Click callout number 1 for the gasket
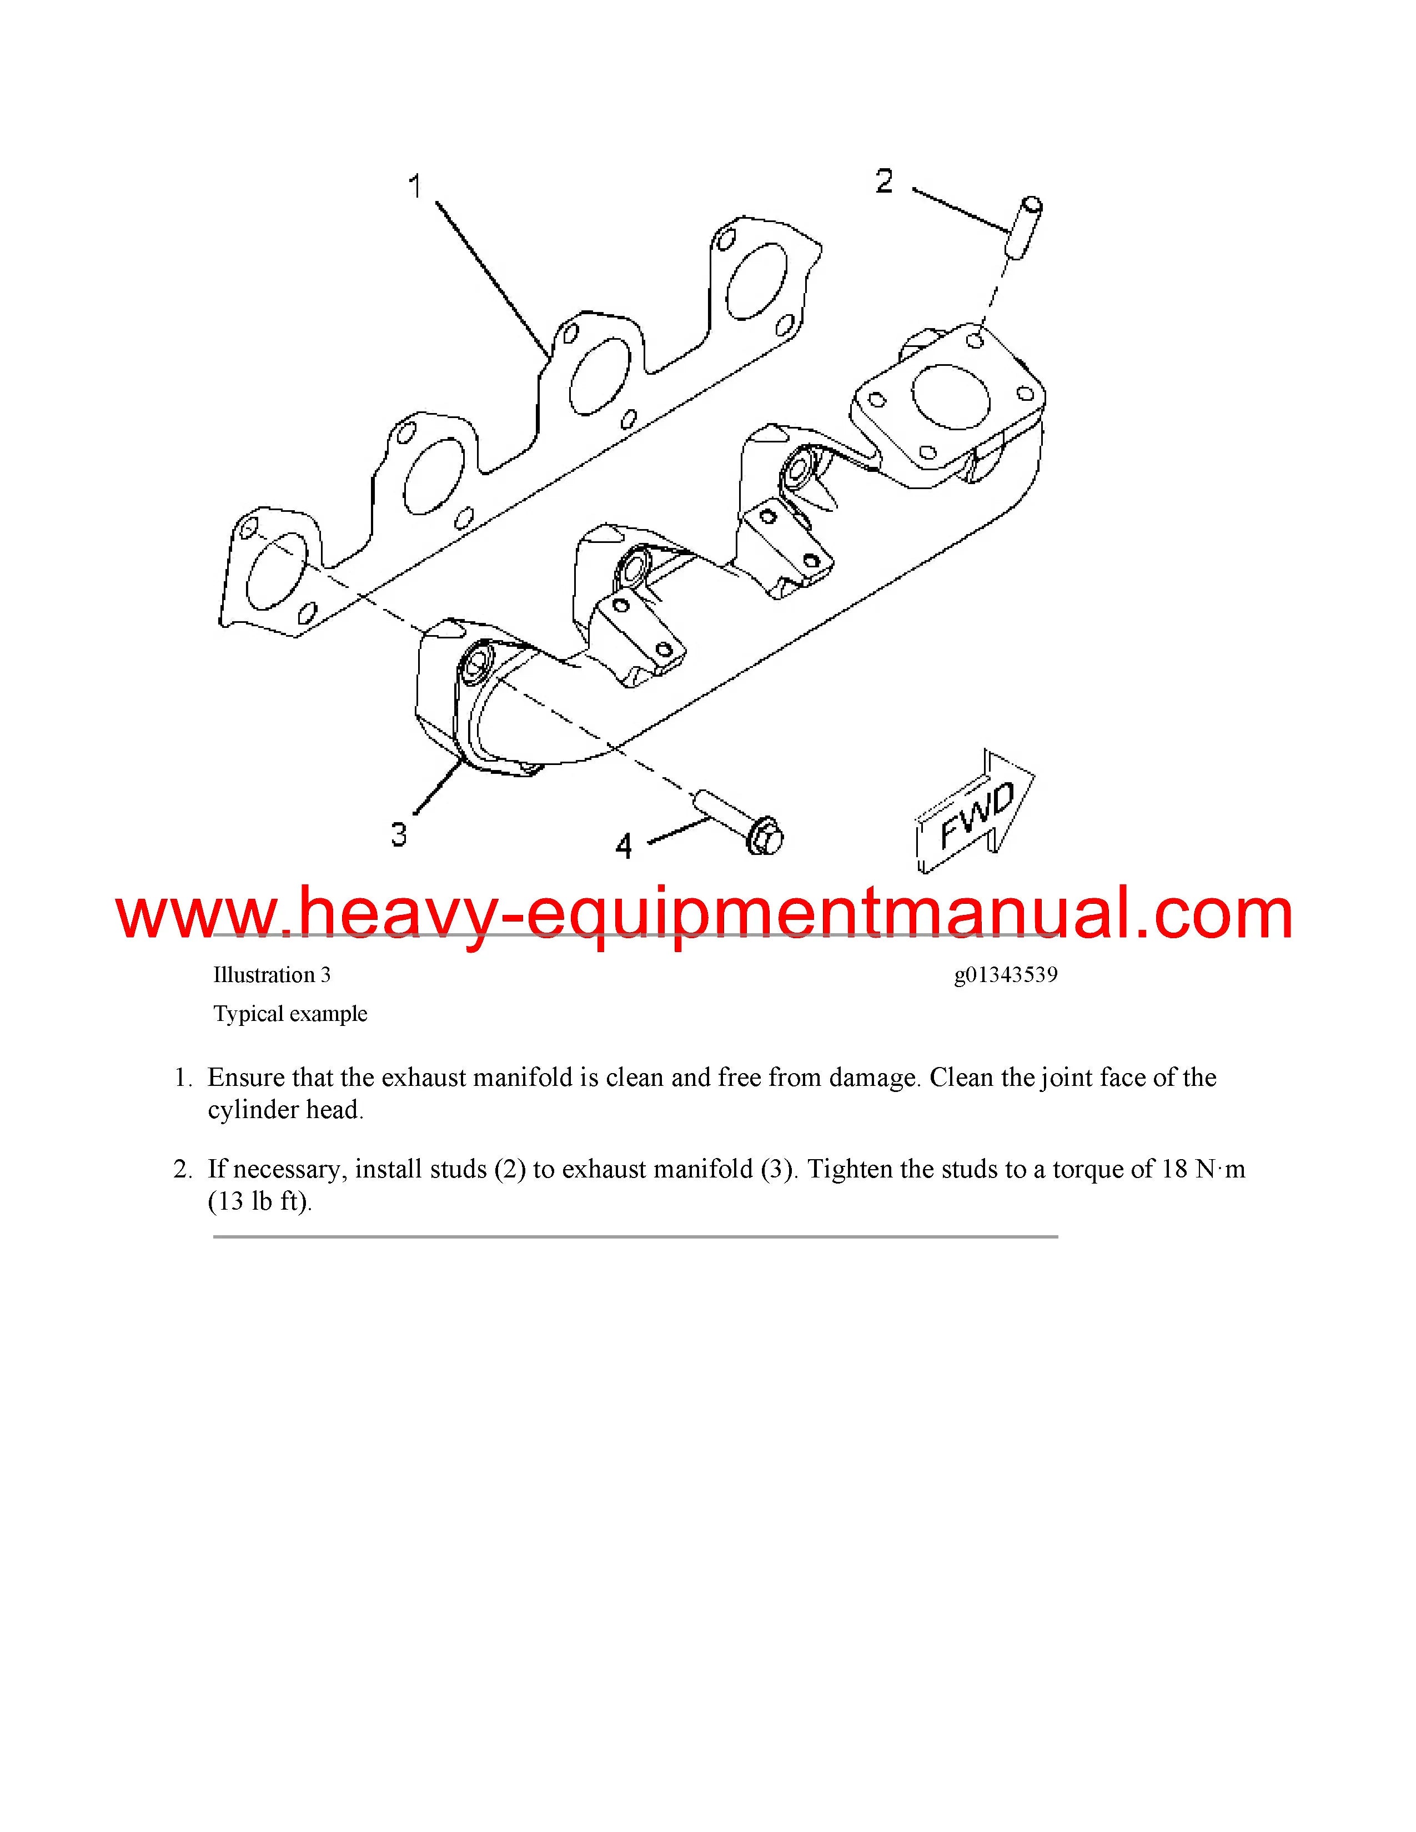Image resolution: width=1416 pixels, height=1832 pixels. [x=414, y=186]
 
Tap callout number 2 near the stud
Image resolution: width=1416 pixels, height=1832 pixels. [x=884, y=181]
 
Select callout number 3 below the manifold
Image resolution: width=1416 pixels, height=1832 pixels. [x=399, y=834]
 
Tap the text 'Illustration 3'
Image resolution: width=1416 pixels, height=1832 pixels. [x=272, y=975]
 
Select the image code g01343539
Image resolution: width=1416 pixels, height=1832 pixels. [x=1006, y=975]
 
